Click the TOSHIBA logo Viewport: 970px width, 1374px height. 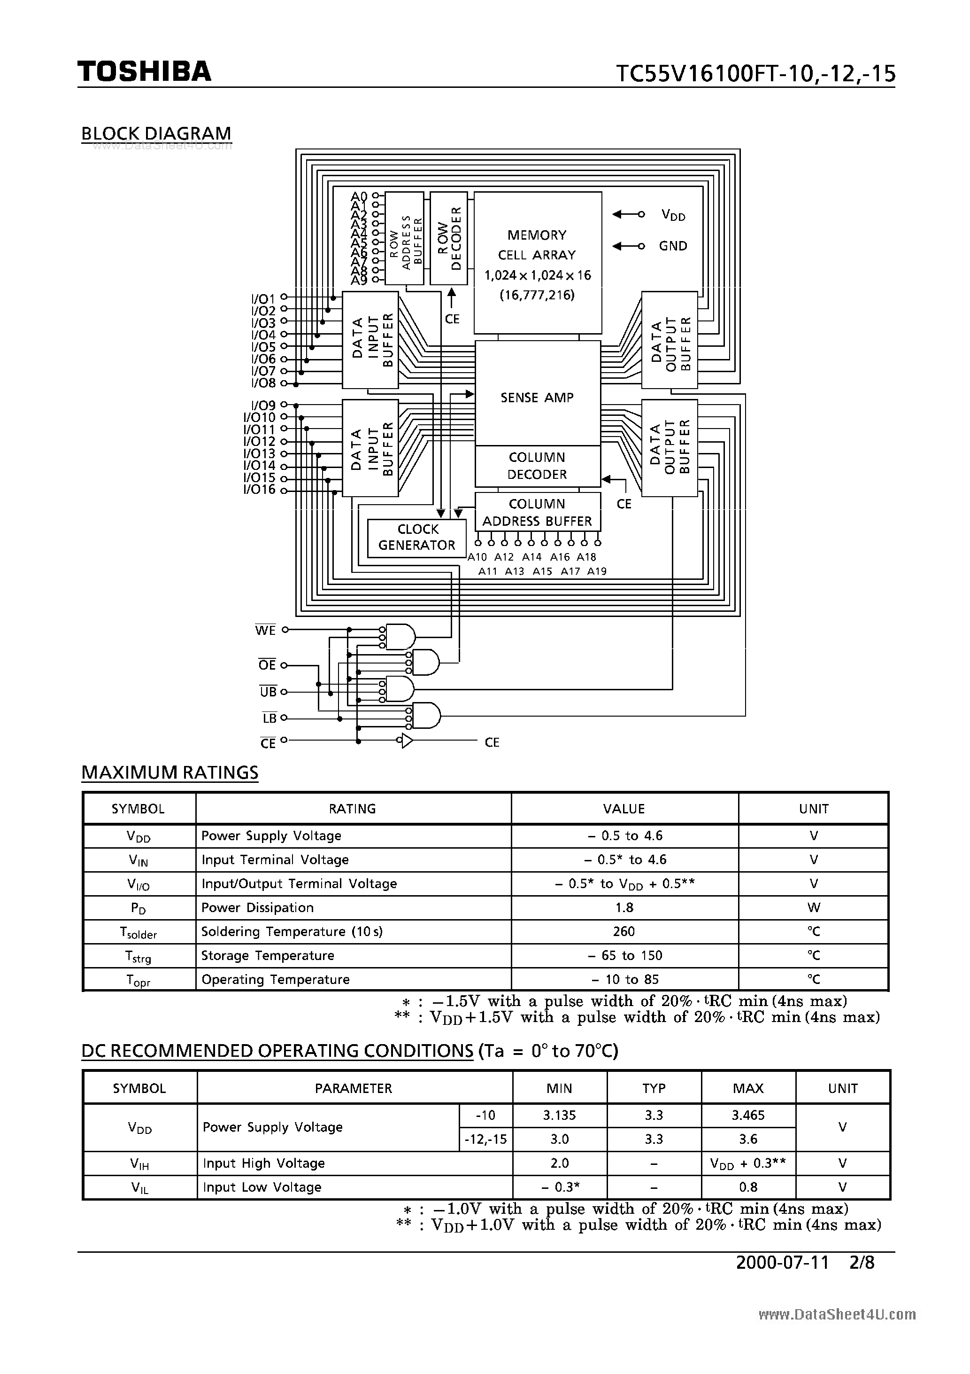tap(144, 72)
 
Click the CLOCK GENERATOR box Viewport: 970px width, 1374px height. tap(417, 538)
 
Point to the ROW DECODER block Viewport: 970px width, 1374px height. tap(448, 239)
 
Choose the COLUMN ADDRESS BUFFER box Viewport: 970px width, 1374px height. tap(537, 512)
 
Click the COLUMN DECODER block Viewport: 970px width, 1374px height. tap(537, 466)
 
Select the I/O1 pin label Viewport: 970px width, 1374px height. tap(263, 298)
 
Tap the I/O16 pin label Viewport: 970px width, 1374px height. tap(259, 490)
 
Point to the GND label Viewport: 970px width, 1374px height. tap(673, 246)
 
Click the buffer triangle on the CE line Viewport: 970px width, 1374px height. tap(407, 742)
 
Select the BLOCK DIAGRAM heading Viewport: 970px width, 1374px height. tap(156, 133)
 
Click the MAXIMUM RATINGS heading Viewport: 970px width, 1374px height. tap(170, 773)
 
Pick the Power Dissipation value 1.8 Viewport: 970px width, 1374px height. tap(624, 908)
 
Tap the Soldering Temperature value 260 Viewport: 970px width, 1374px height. tap(624, 932)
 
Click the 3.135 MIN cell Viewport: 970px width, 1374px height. tap(559, 1116)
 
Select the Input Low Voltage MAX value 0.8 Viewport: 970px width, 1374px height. tap(747, 1187)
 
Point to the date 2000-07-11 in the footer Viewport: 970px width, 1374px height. tap(782, 1263)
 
